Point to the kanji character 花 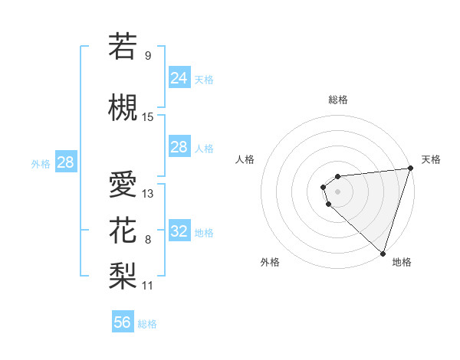(123, 229)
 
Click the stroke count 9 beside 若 (147, 55)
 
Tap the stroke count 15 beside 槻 (148, 116)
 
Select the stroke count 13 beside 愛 (148, 193)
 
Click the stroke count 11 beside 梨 (148, 285)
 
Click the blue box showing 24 (179, 77)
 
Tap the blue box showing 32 (179, 231)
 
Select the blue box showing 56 (122, 322)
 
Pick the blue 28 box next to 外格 (65, 162)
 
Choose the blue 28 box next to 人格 (179, 146)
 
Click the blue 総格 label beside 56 (147, 324)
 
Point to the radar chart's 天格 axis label (431, 159)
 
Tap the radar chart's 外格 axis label (270, 262)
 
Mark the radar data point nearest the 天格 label (409, 169)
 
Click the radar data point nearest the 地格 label (383, 253)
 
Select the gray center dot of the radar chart (337, 191)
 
